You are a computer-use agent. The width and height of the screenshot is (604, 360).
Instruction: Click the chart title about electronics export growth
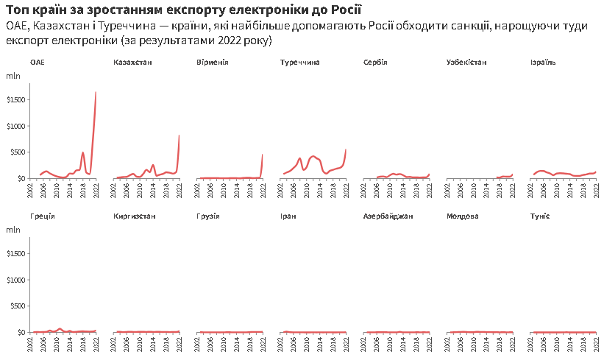(x=184, y=9)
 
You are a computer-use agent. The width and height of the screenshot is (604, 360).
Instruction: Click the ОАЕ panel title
(x=38, y=63)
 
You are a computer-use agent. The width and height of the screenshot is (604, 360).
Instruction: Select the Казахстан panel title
(x=133, y=63)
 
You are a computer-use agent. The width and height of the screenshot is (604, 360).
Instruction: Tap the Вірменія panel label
(x=213, y=63)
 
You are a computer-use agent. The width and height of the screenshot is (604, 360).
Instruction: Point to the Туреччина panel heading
(x=300, y=63)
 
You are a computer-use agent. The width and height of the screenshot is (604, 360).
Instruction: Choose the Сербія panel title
(x=375, y=63)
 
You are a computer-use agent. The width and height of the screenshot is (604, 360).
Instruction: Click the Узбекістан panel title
(x=466, y=63)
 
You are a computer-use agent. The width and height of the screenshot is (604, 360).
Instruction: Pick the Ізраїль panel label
(x=543, y=63)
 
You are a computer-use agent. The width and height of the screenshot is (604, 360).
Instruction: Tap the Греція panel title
(x=43, y=216)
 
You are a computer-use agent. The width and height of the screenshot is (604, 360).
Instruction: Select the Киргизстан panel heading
(x=135, y=216)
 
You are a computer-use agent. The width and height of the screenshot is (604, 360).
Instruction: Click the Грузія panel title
(x=209, y=216)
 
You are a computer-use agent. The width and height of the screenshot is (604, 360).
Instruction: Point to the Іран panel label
(x=288, y=216)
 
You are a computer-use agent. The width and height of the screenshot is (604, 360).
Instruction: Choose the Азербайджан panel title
(x=388, y=216)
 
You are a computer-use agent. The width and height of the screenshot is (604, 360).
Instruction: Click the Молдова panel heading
(x=463, y=216)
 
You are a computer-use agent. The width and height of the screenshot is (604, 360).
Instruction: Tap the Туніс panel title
(x=540, y=216)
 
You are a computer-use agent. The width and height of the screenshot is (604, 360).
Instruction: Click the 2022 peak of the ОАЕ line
(x=96, y=92)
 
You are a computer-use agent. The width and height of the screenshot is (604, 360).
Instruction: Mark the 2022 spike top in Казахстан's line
(x=179, y=135)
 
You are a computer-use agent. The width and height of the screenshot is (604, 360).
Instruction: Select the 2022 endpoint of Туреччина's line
(x=346, y=149)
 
